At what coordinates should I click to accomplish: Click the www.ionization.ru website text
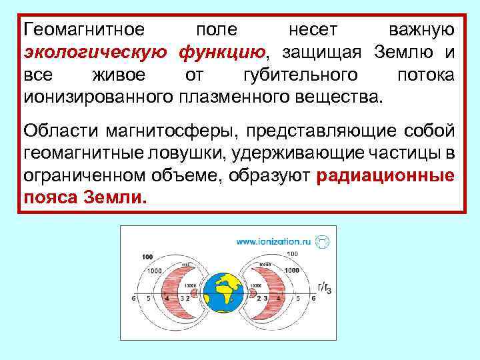point(273,241)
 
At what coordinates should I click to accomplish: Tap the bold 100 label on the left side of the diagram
point(148,257)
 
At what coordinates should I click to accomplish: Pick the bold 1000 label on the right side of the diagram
point(291,271)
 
